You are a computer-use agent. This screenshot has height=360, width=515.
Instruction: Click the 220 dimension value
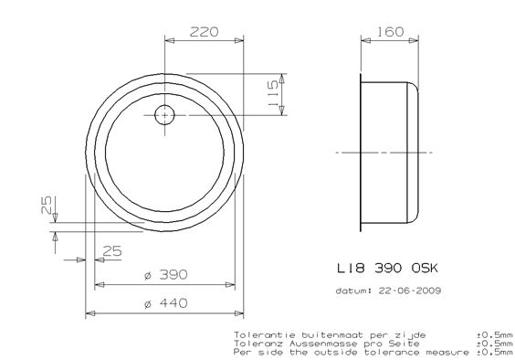[x=204, y=32]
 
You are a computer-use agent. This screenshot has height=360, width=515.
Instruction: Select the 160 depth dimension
[x=390, y=32]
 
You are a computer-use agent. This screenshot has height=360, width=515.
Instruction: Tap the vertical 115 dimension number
[x=273, y=94]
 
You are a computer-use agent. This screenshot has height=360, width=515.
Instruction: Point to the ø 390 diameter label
[x=166, y=274]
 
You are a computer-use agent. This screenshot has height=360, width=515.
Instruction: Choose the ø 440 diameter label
[x=166, y=303]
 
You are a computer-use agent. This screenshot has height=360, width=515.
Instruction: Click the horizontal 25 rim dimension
[x=112, y=251]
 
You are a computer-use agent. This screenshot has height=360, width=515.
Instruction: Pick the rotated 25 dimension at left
[x=47, y=205]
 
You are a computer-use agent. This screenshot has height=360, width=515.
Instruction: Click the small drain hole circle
[x=164, y=115]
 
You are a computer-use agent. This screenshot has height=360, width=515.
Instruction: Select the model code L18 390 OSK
[x=387, y=269]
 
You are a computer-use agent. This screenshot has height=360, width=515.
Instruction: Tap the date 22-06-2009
[x=410, y=291]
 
